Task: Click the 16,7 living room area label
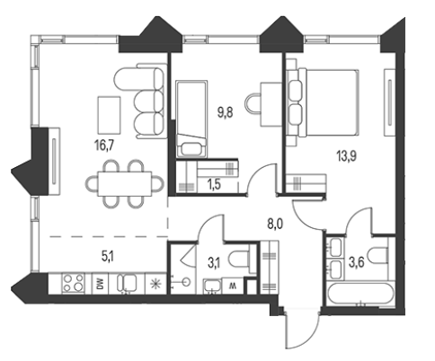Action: [x=104, y=145]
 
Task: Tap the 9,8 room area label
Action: [x=225, y=113]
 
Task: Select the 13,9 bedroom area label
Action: [x=347, y=156]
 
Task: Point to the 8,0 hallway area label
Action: [x=275, y=224]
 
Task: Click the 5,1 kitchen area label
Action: [x=108, y=256]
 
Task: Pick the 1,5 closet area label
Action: [x=214, y=185]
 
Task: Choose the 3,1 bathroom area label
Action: [x=214, y=263]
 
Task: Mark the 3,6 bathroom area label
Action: [x=356, y=262]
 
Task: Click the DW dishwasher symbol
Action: [x=100, y=284]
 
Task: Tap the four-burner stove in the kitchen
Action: [x=73, y=283]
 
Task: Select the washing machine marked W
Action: [x=233, y=286]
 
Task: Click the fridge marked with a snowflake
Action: [x=155, y=284]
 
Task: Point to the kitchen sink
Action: [x=127, y=283]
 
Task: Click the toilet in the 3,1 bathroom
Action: [x=239, y=259]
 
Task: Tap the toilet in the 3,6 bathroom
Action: [x=378, y=255]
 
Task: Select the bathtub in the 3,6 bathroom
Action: [x=360, y=293]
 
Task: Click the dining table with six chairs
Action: [x=124, y=184]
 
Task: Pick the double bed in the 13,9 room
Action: [x=323, y=102]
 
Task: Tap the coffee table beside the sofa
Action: [x=109, y=115]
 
